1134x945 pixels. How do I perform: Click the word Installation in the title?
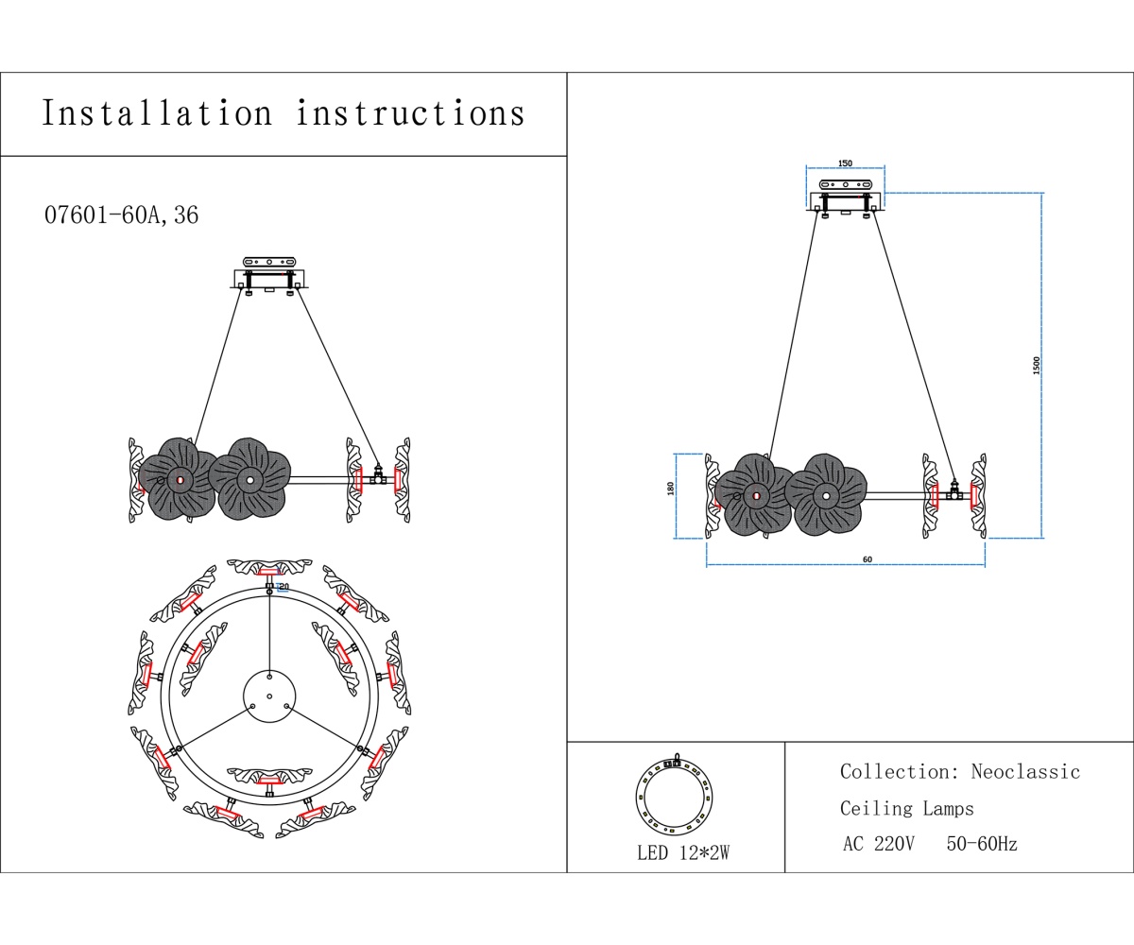(157, 113)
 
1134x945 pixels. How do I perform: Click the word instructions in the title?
(410, 113)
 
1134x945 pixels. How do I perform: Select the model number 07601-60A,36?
(121, 215)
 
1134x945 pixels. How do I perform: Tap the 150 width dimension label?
(846, 163)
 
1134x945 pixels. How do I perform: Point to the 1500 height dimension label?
(1036, 366)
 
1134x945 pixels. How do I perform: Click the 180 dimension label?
(671, 489)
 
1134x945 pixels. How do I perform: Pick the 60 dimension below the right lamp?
(868, 559)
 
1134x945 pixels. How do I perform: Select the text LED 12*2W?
(682, 853)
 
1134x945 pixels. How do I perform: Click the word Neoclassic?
(1025, 772)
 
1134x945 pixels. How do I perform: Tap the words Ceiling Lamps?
(906, 809)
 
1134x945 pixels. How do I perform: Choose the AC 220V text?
(878, 844)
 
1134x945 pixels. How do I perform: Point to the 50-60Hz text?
(982, 844)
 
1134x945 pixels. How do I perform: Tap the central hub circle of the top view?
(269, 696)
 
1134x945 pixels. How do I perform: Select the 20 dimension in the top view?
(283, 587)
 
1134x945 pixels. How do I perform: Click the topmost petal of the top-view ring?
(269, 569)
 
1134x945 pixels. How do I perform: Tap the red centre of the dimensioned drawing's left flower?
(756, 495)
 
